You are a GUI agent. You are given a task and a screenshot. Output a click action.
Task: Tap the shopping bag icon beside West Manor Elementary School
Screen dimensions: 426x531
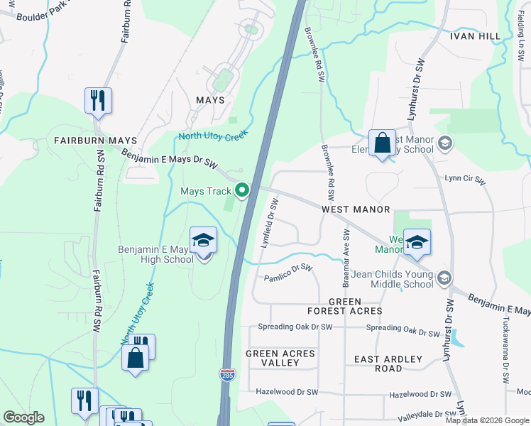coord(382,143)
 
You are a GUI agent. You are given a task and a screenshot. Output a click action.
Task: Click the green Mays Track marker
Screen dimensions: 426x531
coord(242,190)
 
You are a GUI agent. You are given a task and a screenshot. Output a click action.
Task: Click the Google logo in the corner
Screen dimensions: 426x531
coord(23,417)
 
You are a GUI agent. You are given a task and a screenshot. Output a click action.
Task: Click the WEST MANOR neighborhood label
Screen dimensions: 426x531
coord(356,209)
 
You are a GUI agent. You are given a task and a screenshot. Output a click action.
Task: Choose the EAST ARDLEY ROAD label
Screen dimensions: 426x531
coord(388,364)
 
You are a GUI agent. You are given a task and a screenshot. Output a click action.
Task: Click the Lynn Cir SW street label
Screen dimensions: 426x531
coord(465,180)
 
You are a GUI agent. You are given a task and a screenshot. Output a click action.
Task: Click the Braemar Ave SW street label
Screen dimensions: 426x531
coord(346,257)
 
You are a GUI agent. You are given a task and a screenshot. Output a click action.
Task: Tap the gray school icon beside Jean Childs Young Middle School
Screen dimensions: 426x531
coord(444,277)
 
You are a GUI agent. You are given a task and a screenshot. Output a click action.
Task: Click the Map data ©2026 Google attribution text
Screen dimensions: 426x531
coord(488,420)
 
